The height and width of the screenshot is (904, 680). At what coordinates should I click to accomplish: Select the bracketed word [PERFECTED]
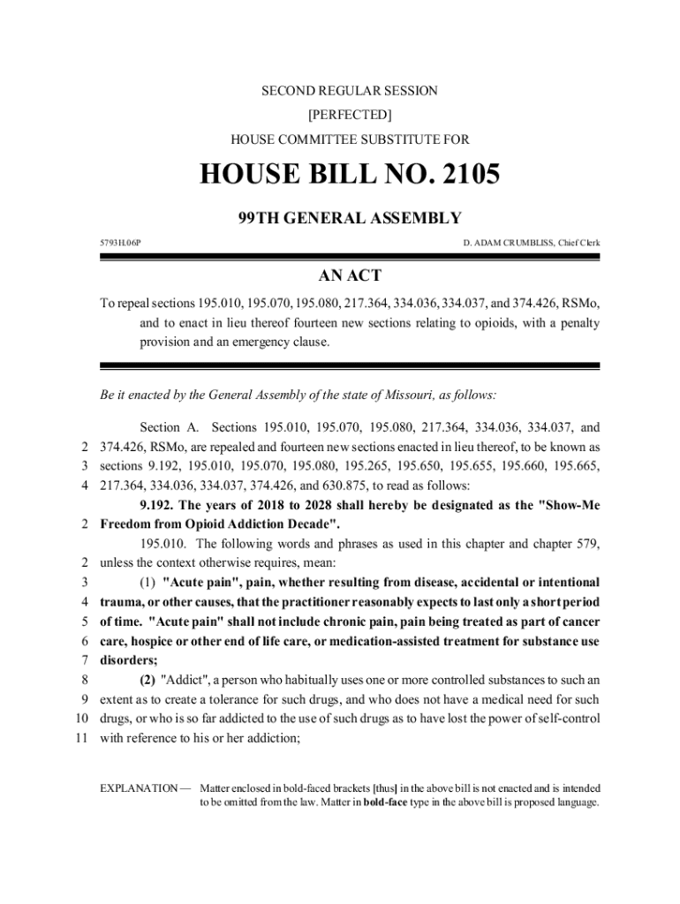tap(350, 115)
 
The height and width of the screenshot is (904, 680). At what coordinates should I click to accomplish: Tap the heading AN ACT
tap(349, 275)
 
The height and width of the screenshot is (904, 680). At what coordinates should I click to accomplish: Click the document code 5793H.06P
tap(119, 242)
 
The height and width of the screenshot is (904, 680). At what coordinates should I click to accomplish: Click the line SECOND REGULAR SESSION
tap(349, 91)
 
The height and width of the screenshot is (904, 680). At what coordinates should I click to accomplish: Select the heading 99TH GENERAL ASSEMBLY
tap(349, 218)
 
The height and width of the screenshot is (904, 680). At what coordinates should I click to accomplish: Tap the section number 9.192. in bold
tap(160, 505)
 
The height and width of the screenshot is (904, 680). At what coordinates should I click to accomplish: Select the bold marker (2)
tap(148, 679)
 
